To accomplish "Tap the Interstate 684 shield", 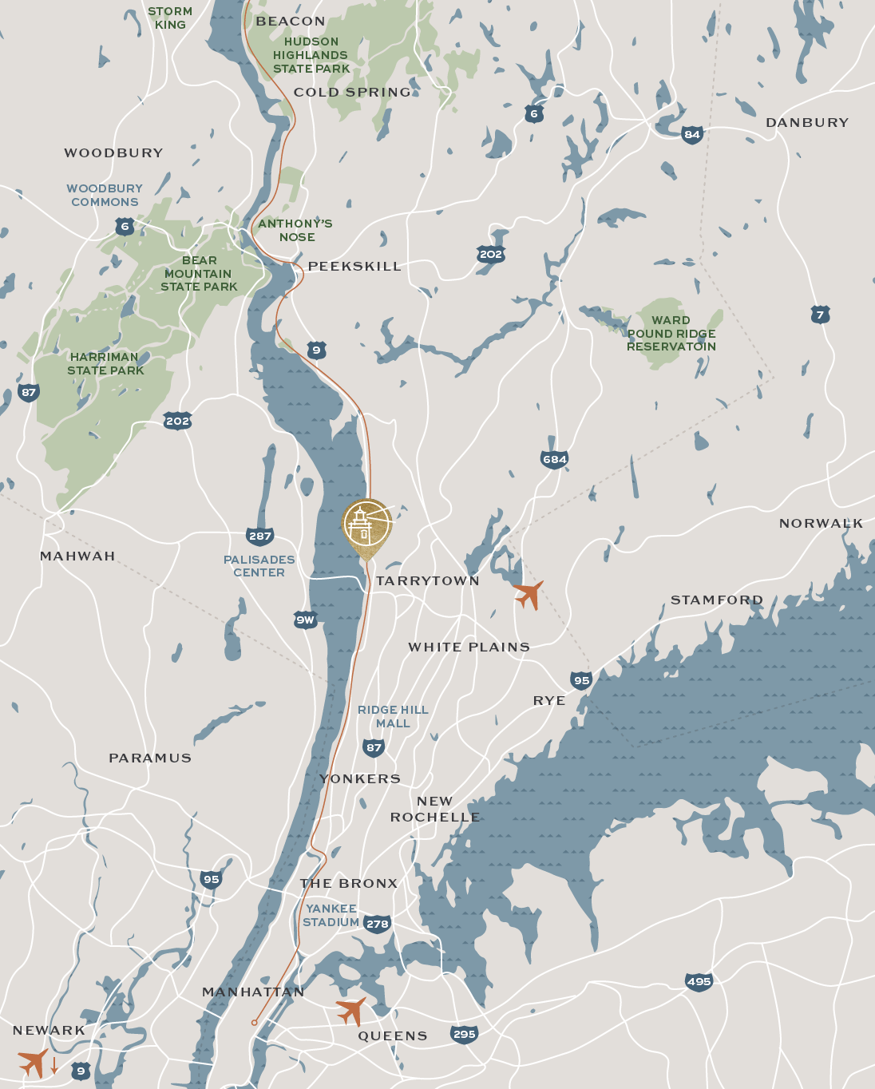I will pos(554,459).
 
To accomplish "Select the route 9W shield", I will pos(305,620).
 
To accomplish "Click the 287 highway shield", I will pos(260,536).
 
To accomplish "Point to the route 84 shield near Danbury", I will pos(692,134).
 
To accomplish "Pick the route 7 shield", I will pos(820,315).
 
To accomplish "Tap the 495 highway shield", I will pos(699,982).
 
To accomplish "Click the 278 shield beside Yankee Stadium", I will pos(377,924).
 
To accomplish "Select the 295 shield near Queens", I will pos(464,1034).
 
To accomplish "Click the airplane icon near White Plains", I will pos(529,595).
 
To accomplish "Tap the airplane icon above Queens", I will pos(351,1011).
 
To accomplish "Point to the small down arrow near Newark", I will pos(54,1065).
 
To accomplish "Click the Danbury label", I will pos(807,123).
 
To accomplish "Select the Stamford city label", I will pos(717,600).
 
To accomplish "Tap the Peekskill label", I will pos(354,267).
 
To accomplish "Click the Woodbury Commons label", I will pos(105,196).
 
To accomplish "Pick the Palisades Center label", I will pos(259,566).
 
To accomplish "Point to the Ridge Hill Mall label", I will pos(393,717).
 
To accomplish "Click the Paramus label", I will pos(150,758).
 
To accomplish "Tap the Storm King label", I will pos(170,18).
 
